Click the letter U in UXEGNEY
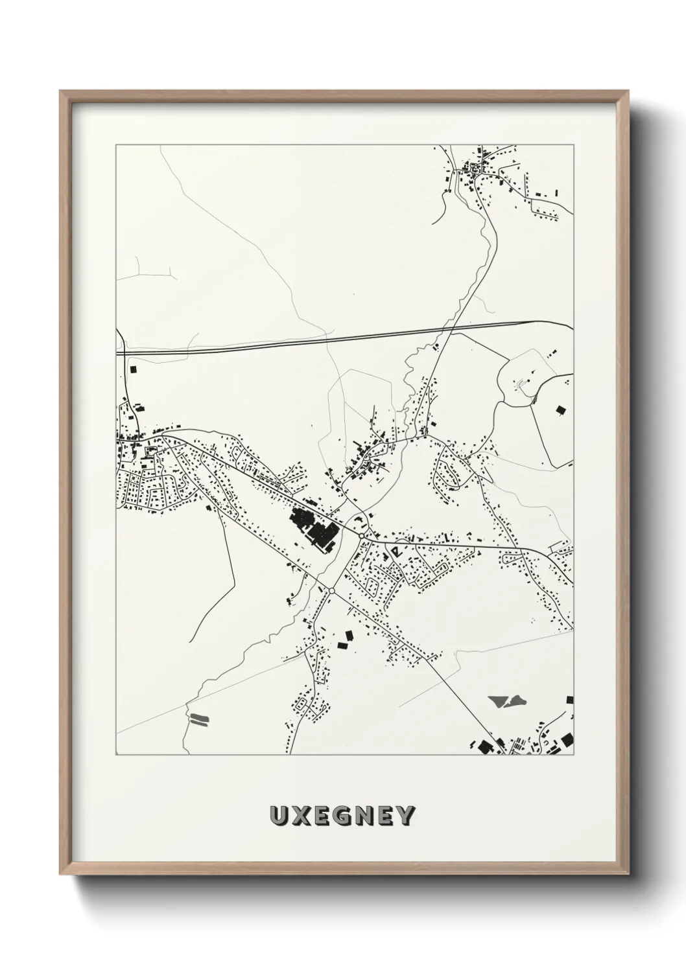tap(280, 816)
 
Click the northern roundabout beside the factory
tap(360, 536)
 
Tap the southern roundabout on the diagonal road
tap(331, 590)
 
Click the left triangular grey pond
tap(498, 700)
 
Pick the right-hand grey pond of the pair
tap(516, 700)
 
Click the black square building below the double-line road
tap(134, 369)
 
